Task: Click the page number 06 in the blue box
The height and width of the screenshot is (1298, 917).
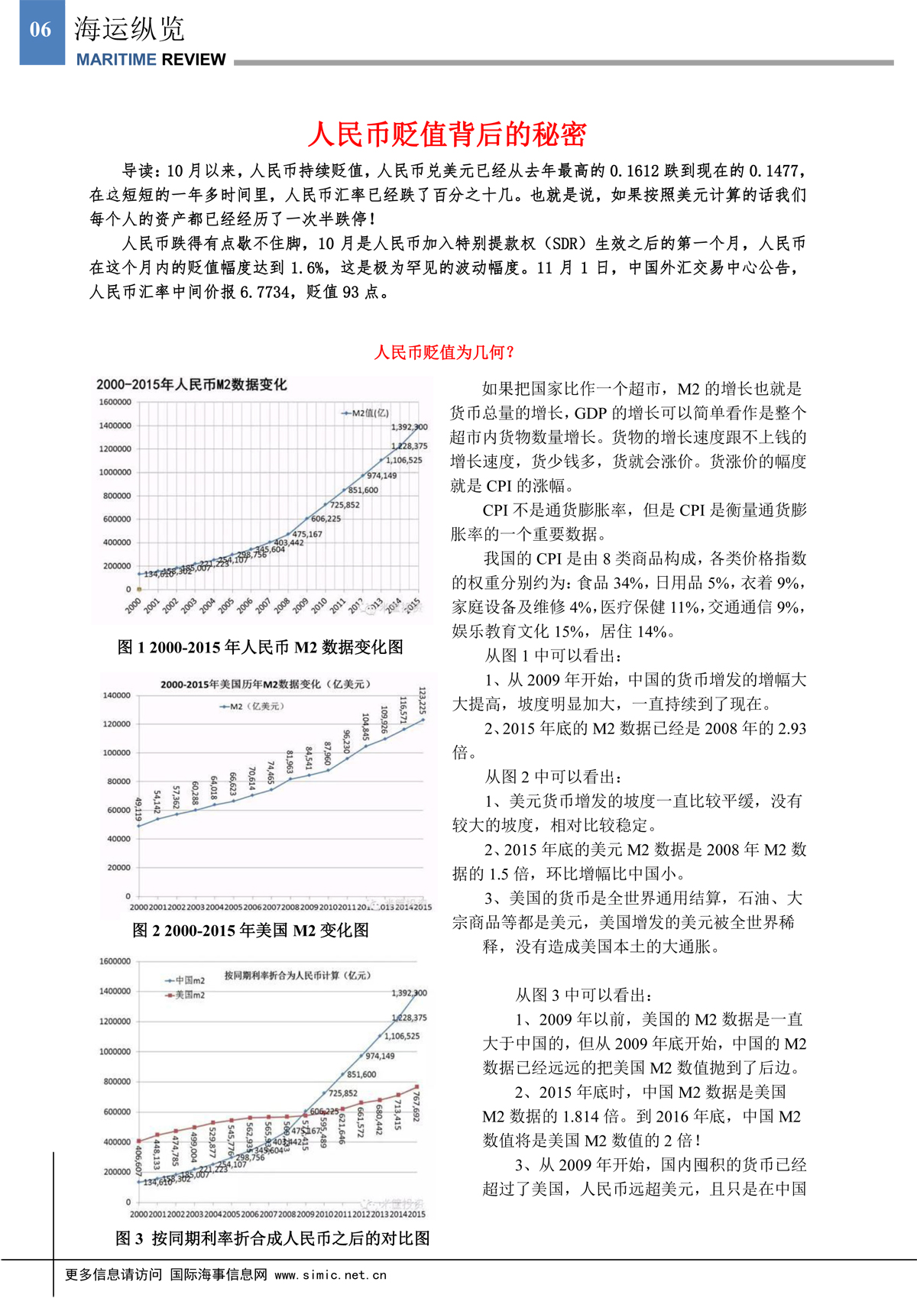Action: coord(41,30)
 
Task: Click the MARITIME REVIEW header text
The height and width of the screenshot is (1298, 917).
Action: coord(151,60)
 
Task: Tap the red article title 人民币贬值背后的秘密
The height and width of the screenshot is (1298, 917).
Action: coord(447,134)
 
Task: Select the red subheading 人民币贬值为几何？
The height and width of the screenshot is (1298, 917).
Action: coord(445,352)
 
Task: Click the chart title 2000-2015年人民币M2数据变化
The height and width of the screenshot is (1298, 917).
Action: coord(191,384)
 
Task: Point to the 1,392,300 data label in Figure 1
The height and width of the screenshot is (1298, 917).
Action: coord(410,427)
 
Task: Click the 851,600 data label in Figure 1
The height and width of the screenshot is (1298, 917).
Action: coord(363,490)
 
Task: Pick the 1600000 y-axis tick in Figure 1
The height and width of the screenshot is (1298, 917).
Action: coord(115,402)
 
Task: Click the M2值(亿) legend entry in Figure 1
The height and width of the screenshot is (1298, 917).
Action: coord(366,413)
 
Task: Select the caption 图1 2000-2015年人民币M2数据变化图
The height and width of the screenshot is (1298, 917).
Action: coord(260,648)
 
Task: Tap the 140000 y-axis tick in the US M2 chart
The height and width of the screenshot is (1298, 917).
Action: coord(116,695)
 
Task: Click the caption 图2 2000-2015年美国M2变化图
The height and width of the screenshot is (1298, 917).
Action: coord(251,931)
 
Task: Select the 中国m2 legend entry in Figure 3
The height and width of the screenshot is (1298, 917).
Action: coord(186,980)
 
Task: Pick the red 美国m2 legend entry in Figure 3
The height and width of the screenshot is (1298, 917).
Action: coord(186,995)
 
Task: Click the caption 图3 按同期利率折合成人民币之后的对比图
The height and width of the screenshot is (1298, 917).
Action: coord(273,1238)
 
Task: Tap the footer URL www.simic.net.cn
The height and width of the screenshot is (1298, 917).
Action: coord(331,1275)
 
